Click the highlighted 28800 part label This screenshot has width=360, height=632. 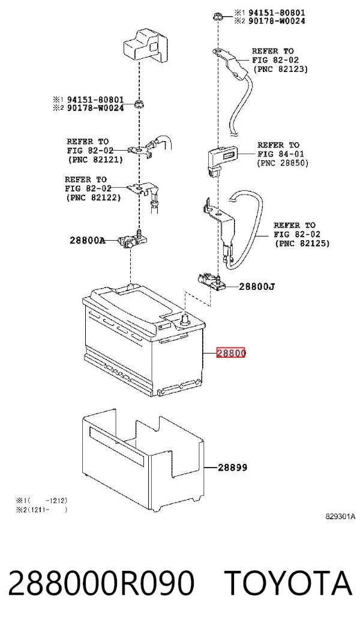(x=231, y=353)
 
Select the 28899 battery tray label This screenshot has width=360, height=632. (x=233, y=468)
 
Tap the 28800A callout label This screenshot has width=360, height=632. (x=87, y=241)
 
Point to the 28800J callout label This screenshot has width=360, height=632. (x=257, y=287)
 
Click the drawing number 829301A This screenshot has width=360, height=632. (x=341, y=517)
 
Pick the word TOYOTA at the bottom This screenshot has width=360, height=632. (x=288, y=583)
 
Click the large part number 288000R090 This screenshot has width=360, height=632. (x=101, y=583)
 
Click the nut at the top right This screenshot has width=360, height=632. (x=217, y=17)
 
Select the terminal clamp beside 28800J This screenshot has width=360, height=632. (x=211, y=281)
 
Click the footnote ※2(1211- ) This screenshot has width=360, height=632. (x=41, y=510)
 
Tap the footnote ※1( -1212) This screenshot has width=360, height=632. (x=41, y=501)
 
